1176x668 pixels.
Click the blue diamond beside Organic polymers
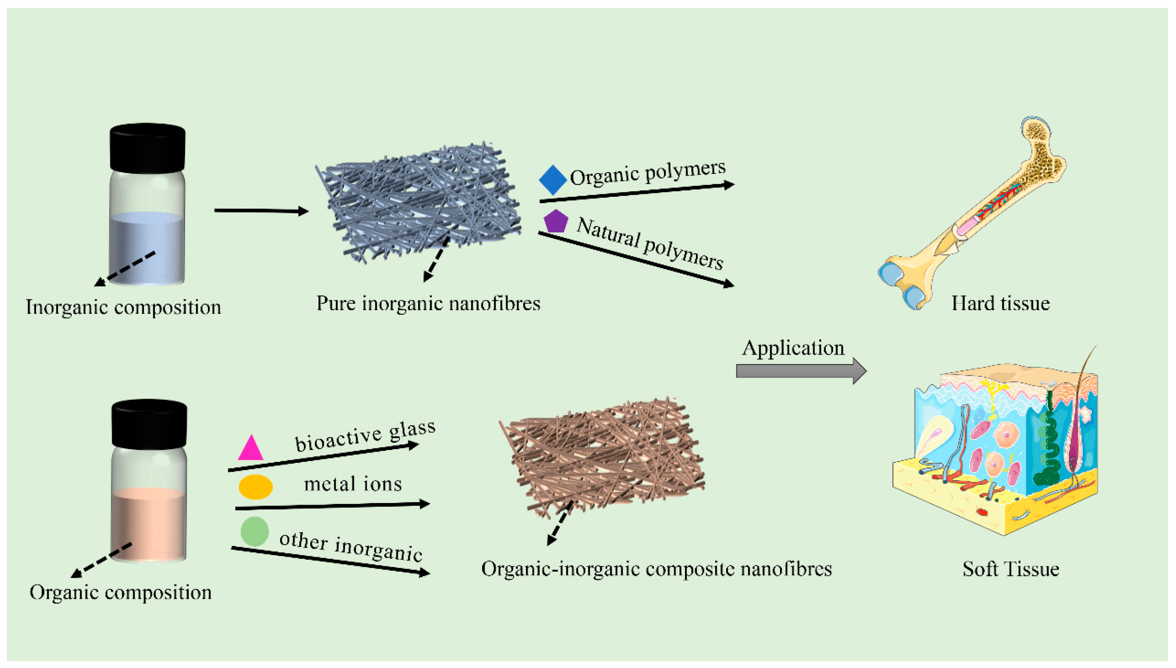[x=552, y=180]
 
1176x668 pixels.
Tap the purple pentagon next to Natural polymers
[x=556, y=221]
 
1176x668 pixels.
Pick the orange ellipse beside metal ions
[x=255, y=487]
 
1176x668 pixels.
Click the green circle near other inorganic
[x=254, y=531]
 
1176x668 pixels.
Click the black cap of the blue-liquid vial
[x=147, y=148]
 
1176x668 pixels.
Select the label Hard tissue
[x=1000, y=304]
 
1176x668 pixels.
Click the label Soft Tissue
[x=1010, y=569]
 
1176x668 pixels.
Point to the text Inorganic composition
[x=123, y=307]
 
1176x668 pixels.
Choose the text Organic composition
[x=120, y=593]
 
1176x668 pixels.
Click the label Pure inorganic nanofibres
[x=428, y=304]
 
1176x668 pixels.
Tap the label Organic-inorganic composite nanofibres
[x=656, y=569]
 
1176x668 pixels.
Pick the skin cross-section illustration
[x=996, y=450]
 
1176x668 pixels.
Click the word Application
[x=793, y=348]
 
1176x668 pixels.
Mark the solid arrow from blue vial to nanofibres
[x=261, y=211]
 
